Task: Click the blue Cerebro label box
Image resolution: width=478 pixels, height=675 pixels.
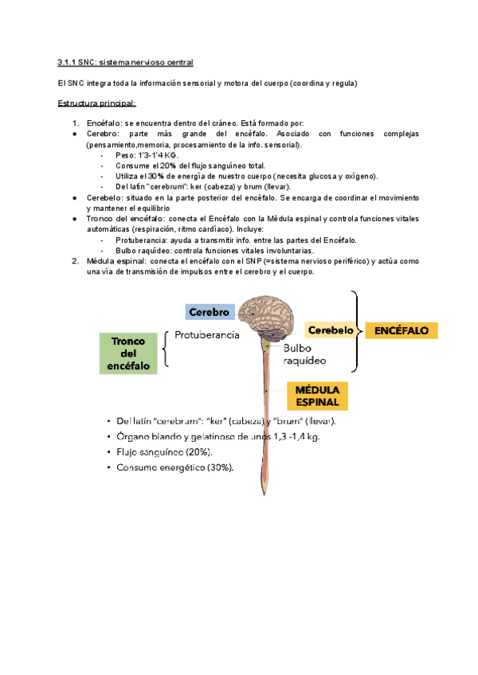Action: [210, 312]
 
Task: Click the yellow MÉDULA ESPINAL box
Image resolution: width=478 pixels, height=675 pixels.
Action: [317, 396]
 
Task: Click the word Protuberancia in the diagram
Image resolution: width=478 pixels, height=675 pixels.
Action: [207, 336]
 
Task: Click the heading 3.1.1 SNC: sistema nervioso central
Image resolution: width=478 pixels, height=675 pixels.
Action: [126, 62]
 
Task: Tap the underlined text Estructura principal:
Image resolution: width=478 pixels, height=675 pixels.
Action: [97, 103]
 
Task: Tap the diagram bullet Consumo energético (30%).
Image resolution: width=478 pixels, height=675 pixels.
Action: [174, 467]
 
